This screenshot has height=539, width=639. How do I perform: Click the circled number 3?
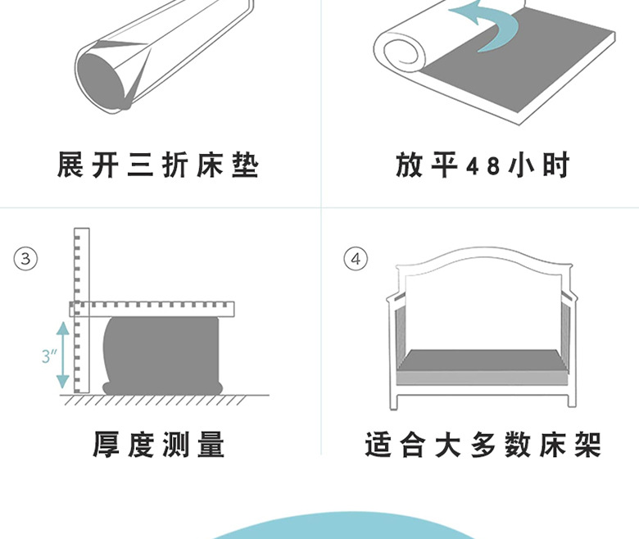[x=26, y=260]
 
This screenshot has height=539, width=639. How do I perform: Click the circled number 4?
[x=356, y=260]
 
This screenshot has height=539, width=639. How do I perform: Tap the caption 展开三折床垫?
[x=157, y=166]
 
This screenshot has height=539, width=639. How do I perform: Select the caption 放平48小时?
[x=482, y=166]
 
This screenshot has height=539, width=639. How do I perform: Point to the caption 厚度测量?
[x=158, y=445]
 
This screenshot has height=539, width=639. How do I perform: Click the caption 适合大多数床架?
[x=483, y=445]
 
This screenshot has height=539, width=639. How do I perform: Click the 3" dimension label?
[x=48, y=356]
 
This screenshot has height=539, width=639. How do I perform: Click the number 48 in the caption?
[x=483, y=166]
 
